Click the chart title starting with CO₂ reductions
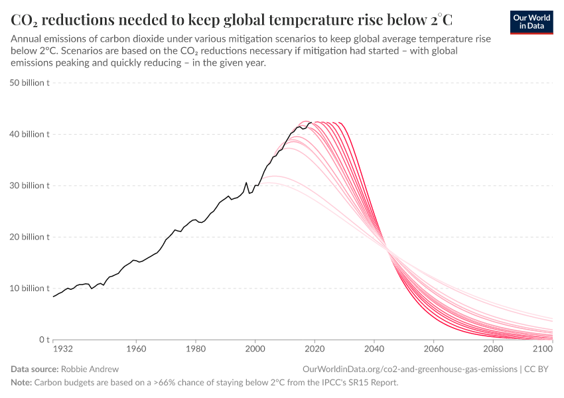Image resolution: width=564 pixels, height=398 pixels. pyautogui.click(x=232, y=18)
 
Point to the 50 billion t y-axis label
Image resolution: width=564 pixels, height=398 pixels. pyautogui.click(x=30, y=83)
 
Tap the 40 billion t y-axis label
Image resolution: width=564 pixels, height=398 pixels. pyautogui.click(x=30, y=134)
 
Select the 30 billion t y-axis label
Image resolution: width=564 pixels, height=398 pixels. pyautogui.click(x=30, y=186)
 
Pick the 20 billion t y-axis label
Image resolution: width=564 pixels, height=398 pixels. pyautogui.click(x=30, y=237)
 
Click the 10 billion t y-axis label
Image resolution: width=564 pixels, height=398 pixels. pyautogui.click(x=30, y=289)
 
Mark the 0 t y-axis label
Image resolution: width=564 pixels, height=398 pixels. pyautogui.click(x=40, y=340)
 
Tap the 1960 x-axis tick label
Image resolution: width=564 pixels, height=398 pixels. pyautogui.click(x=136, y=348)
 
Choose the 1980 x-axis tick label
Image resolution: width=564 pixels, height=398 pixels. pyautogui.click(x=195, y=348)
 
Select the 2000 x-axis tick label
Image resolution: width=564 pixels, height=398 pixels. pyautogui.click(x=255, y=348)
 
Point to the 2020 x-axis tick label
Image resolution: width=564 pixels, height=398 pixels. pyautogui.click(x=315, y=348)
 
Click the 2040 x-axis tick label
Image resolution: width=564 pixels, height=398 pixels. pyautogui.click(x=374, y=348)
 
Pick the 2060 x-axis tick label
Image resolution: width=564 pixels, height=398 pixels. pyautogui.click(x=433, y=348)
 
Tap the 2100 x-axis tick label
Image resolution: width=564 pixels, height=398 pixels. pyautogui.click(x=542, y=348)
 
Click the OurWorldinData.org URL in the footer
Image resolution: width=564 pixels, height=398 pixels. pyautogui.click(x=409, y=369)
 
